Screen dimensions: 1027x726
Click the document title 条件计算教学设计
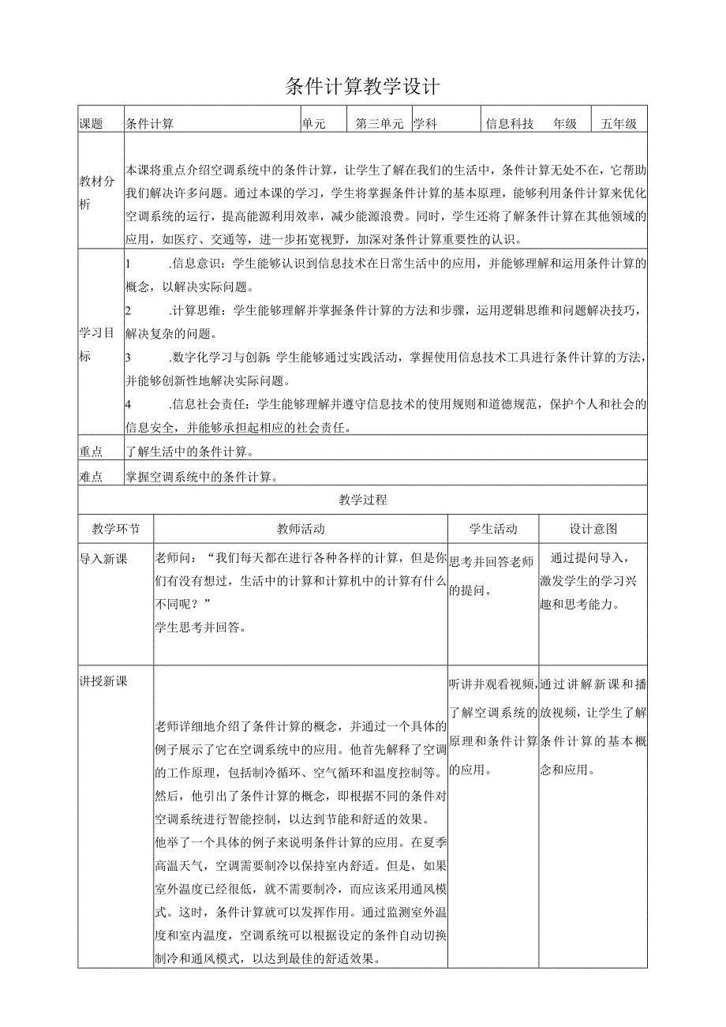[x=362, y=87]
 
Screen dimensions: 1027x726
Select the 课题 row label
[x=92, y=124]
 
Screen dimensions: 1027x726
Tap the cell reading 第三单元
[x=380, y=124]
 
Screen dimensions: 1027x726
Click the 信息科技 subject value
[x=510, y=124]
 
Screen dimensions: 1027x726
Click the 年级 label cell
[x=565, y=124]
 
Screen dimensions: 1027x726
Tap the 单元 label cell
[x=313, y=124]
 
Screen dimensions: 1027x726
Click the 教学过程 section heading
[x=362, y=500]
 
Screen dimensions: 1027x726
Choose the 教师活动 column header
[x=300, y=529]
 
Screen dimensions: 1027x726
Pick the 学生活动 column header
[x=493, y=529]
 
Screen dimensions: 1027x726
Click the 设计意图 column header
[x=593, y=529]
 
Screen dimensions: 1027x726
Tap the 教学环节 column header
[x=115, y=529]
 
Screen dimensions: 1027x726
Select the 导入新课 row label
[x=103, y=559]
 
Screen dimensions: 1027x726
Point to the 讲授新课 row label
[x=103, y=681]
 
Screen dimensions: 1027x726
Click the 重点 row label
[x=92, y=452]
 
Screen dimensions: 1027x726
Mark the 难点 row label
[x=92, y=476]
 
